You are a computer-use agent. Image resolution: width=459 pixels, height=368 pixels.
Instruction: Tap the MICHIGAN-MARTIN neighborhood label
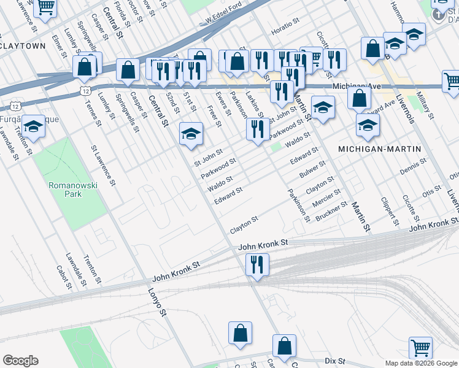click(380, 149)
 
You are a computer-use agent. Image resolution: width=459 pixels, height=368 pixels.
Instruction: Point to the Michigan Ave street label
click(353, 86)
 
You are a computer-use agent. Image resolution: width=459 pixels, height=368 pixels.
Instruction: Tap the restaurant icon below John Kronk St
click(256, 265)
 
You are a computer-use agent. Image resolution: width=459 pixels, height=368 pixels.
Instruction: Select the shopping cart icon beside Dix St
click(420, 348)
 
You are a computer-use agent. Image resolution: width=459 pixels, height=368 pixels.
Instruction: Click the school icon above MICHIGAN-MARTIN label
click(367, 126)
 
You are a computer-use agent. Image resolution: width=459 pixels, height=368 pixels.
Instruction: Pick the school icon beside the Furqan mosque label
click(34, 126)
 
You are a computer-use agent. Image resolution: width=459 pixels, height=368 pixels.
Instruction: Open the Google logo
click(20, 361)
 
